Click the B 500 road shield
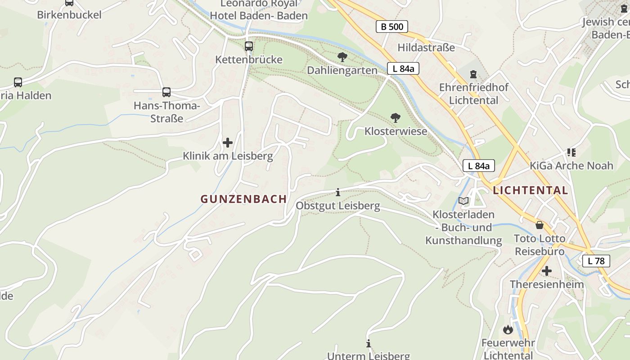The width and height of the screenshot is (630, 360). pyautogui.click(x=392, y=27)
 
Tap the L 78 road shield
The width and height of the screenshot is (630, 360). pyautogui.click(x=596, y=261)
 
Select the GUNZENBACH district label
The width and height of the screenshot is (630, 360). pyautogui.click(x=243, y=199)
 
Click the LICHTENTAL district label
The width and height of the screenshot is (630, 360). pyautogui.click(x=530, y=190)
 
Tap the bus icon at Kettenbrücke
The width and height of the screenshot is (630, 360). pyautogui.click(x=248, y=46)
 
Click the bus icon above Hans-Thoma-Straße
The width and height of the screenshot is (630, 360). pyautogui.click(x=166, y=92)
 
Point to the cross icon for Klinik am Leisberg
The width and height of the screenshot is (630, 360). pyautogui.click(x=228, y=143)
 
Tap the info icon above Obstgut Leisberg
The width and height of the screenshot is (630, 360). pyautogui.click(x=338, y=193)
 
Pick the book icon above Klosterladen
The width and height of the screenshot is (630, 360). pyautogui.click(x=463, y=201)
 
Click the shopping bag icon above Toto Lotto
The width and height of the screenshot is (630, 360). pyautogui.click(x=539, y=225)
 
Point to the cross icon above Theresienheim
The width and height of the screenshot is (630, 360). pyautogui.click(x=546, y=271)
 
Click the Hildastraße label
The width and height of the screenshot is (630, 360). pyautogui.click(x=426, y=47)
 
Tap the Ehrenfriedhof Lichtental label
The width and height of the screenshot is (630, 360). pyautogui.click(x=473, y=94)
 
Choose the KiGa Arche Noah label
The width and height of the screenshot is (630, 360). pyautogui.click(x=571, y=166)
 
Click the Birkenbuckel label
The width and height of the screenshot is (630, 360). pyautogui.click(x=69, y=14)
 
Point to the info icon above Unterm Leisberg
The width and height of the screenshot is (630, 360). pyautogui.click(x=369, y=344)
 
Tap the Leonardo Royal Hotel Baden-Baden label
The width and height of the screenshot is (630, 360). pyautogui.click(x=259, y=10)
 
